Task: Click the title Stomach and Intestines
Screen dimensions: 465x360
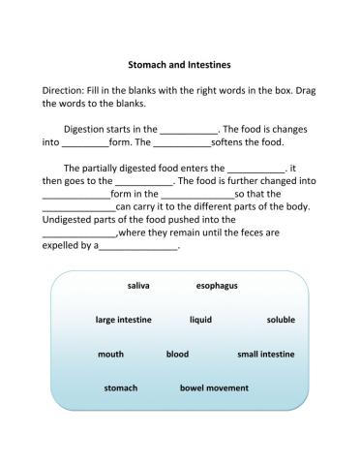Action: click(179, 65)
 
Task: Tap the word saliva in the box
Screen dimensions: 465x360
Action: click(137, 286)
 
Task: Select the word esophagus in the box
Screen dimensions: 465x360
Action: click(217, 286)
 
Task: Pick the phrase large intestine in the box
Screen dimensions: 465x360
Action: click(123, 320)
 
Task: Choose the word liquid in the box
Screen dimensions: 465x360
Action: click(200, 320)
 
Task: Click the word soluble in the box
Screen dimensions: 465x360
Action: click(281, 320)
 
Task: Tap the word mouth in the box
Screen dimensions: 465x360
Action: click(110, 354)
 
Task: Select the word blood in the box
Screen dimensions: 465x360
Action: click(177, 354)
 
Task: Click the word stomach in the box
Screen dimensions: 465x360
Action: click(121, 387)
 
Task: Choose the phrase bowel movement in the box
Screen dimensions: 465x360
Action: click(214, 387)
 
